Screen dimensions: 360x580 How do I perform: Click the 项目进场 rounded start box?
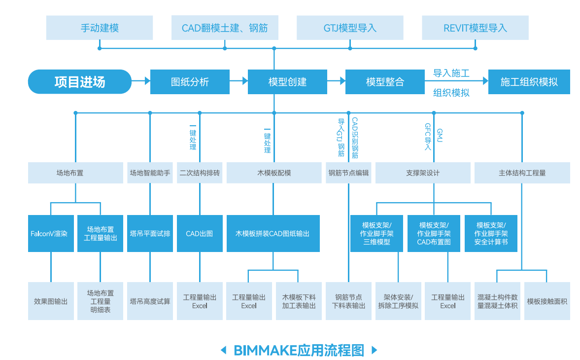click(x=80, y=82)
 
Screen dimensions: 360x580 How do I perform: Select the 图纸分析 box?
click(x=190, y=82)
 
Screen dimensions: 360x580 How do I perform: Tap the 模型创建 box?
click(x=287, y=82)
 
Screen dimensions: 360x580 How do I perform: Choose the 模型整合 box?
click(x=385, y=82)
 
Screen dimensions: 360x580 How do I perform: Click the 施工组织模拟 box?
click(x=529, y=82)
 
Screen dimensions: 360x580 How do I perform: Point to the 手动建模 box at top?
click(x=100, y=28)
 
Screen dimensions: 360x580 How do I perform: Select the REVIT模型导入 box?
click(x=475, y=28)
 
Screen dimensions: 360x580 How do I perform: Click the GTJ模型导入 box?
click(x=350, y=28)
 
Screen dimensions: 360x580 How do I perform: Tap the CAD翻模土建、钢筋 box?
click(x=225, y=28)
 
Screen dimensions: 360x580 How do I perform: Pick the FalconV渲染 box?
click(x=51, y=234)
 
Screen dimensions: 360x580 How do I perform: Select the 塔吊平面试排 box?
click(x=150, y=234)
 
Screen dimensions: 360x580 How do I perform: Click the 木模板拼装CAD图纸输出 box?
click(x=273, y=234)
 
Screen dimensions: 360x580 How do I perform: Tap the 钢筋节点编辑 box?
click(x=348, y=173)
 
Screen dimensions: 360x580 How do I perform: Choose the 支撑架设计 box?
click(x=422, y=173)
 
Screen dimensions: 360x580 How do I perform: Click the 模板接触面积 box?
click(x=547, y=301)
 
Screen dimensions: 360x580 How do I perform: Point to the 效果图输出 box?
click(x=51, y=301)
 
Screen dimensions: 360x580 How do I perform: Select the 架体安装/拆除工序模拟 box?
click(x=398, y=301)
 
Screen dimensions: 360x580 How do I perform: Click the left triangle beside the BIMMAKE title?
click(x=224, y=350)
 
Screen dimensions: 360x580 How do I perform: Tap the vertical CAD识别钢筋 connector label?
click(x=355, y=138)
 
